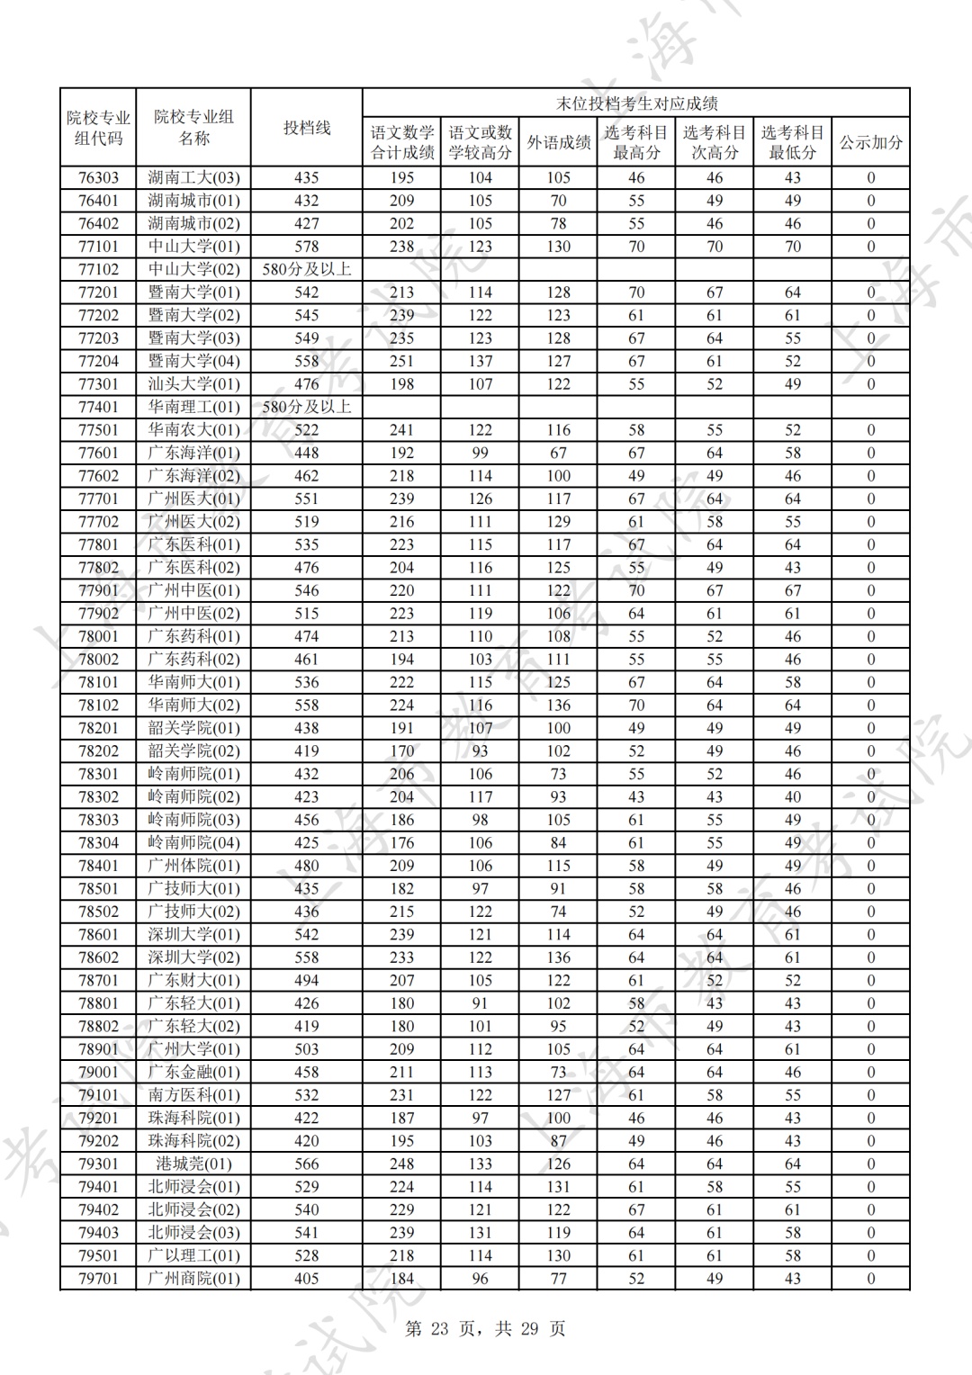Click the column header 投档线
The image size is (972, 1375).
click(x=307, y=128)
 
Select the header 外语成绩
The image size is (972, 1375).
click(x=558, y=142)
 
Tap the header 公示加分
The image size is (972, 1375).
click(x=870, y=142)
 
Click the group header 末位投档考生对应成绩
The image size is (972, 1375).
click(x=635, y=103)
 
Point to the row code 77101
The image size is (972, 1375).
click(x=98, y=247)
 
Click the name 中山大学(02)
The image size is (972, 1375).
click(x=193, y=269)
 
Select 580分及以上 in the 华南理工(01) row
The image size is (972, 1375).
click(x=307, y=407)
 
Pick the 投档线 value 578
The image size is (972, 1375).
click(x=307, y=247)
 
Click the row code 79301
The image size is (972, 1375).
click(x=98, y=1164)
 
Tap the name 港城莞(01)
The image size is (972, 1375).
click(x=193, y=1164)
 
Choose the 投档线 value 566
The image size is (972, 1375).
click(x=307, y=1164)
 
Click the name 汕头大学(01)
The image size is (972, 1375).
click(x=193, y=384)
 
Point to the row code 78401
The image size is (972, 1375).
click(x=98, y=866)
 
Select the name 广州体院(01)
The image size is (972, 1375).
click(x=193, y=866)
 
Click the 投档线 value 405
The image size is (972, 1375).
click(x=307, y=1279)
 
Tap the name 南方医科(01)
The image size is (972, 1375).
click(x=193, y=1095)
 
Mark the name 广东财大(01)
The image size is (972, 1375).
click(x=193, y=980)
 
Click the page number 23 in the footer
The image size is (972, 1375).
click(x=439, y=1329)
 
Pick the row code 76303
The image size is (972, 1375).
click(x=98, y=177)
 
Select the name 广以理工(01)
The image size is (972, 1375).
click(x=193, y=1255)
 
